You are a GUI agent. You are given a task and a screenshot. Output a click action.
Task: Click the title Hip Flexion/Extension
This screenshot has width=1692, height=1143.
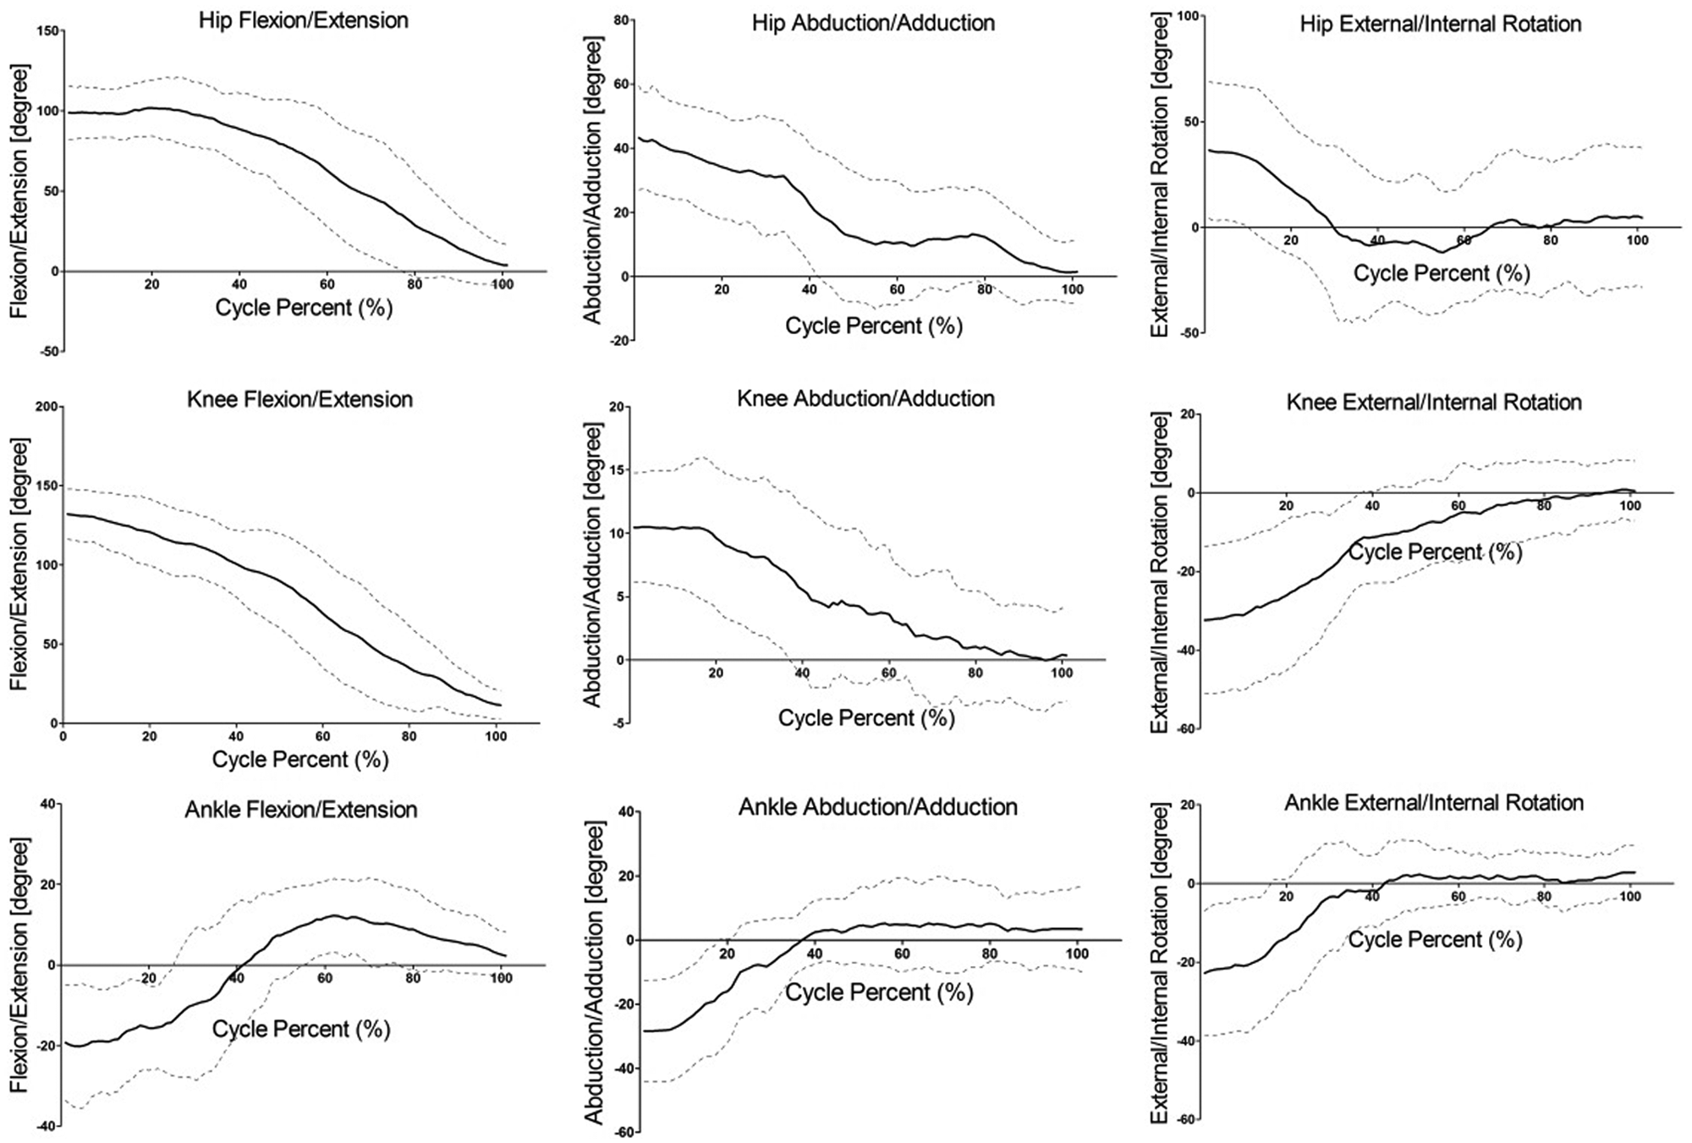pyautogui.click(x=304, y=20)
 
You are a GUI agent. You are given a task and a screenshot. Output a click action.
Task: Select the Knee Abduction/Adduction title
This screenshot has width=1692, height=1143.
pyautogui.click(x=865, y=398)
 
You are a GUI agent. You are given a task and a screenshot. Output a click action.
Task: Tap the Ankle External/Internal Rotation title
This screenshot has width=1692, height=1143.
pyautogui.click(x=1434, y=802)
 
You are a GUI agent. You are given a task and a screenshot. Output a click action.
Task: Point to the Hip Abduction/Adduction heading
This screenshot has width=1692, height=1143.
pyautogui.click(x=873, y=23)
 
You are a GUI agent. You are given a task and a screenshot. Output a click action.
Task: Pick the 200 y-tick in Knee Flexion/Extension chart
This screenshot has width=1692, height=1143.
pyautogui.click(x=47, y=407)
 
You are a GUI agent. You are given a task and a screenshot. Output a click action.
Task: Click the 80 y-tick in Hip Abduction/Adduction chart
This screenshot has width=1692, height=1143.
pyautogui.click(x=622, y=19)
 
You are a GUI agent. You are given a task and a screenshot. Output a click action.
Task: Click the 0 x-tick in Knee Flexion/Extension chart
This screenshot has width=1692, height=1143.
pyautogui.click(x=63, y=736)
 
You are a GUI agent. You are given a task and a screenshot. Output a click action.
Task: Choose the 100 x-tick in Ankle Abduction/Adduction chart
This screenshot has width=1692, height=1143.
pyautogui.click(x=1076, y=953)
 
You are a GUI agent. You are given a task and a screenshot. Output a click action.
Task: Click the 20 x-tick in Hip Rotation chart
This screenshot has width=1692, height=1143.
pyautogui.click(x=1290, y=240)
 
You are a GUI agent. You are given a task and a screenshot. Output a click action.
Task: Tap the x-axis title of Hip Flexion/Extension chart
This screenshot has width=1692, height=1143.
pyautogui.click(x=305, y=307)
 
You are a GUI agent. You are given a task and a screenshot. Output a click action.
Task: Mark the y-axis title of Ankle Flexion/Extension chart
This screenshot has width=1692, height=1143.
pyautogui.click(x=19, y=965)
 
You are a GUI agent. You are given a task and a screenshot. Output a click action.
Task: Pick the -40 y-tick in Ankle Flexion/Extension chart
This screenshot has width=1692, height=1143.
pyautogui.click(x=46, y=1126)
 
